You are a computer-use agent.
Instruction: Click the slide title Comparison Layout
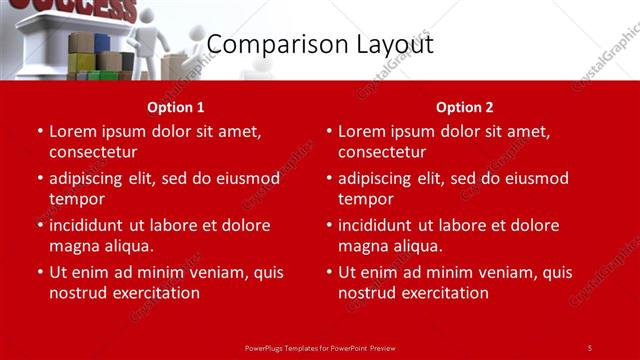[320, 45]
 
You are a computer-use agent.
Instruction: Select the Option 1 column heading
[176, 107]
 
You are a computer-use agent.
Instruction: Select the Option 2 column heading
[464, 107]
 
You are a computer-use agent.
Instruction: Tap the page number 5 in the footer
[589, 347]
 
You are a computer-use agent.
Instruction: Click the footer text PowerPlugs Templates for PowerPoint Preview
[320, 347]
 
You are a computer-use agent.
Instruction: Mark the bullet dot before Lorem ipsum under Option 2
[328, 132]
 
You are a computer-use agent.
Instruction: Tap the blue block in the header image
[102, 43]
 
